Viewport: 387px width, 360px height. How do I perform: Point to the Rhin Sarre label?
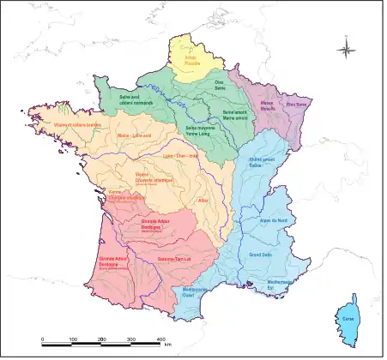coord(296,105)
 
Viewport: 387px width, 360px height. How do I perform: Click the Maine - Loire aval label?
coord(110,135)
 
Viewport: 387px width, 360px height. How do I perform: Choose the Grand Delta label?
coord(261,255)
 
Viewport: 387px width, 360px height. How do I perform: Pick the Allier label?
coord(203,200)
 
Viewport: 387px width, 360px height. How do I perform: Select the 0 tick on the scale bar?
coord(43,340)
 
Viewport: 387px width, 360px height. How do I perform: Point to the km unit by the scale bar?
coord(169,345)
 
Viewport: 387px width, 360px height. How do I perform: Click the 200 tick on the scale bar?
coord(102,340)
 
